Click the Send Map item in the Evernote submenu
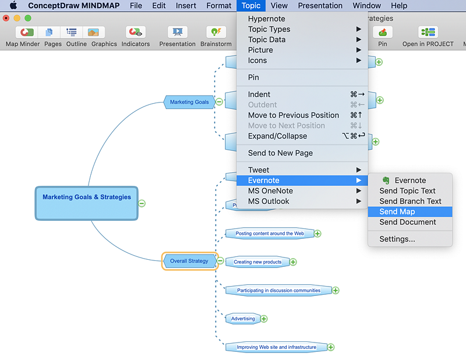(x=397, y=211)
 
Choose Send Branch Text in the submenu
(x=410, y=201)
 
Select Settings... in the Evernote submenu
(x=397, y=239)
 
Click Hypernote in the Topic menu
(x=266, y=19)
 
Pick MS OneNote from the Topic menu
(x=270, y=190)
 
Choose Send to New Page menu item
(x=280, y=153)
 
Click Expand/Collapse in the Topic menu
(x=277, y=136)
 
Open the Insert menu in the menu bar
(x=186, y=6)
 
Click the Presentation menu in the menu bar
(x=320, y=6)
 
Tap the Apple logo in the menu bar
(x=13, y=6)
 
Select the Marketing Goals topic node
(x=189, y=102)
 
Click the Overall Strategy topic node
(x=189, y=261)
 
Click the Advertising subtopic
(x=243, y=319)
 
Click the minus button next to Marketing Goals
(x=219, y=101)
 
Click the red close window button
(x=6, y=18)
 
